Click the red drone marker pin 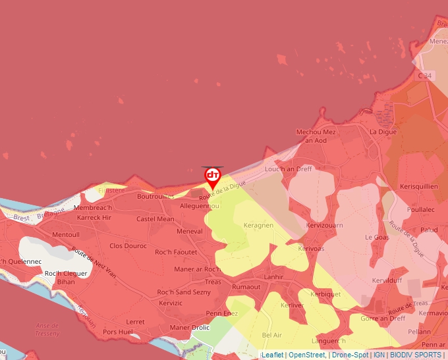(213, 176)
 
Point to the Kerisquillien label (418, 186)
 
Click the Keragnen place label (258, 225)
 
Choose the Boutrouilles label (155, 196)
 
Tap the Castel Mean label (155, 219)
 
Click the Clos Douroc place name (128, 245)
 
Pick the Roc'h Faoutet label (176, 252)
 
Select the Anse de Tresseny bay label (47, 329)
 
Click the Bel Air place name (271, 335)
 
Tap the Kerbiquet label (325, 294)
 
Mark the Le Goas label (377, 237)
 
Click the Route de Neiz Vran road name (94, 263)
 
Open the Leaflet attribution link (272, 355)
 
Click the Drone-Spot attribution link (350, 355)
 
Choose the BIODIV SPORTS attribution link (416, 355)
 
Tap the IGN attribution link (379, 355)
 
